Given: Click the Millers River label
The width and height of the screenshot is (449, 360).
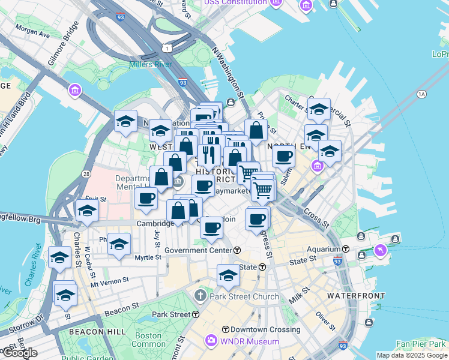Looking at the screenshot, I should (x=151, y=64).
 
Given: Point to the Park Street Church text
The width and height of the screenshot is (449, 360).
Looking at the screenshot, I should (x=244, y=296).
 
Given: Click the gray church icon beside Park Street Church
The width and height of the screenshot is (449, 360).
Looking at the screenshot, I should (x=200, y=296).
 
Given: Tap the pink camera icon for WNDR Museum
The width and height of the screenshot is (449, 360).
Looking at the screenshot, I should (x=211, y=341).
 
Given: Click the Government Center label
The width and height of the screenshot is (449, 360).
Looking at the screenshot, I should (x=198, y=250).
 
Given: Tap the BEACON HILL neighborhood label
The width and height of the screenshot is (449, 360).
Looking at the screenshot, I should (x=97, y=331).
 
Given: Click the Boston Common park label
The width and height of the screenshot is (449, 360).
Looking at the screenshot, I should (x=148, y=340).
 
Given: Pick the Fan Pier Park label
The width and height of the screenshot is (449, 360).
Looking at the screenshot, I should (x=421, y=344).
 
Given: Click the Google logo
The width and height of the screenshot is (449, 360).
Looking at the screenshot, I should (x=20, y=353).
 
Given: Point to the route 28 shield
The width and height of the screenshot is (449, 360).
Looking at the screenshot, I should (x=87, y=173).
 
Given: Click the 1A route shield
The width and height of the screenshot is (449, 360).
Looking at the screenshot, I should (x=421, y=94).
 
